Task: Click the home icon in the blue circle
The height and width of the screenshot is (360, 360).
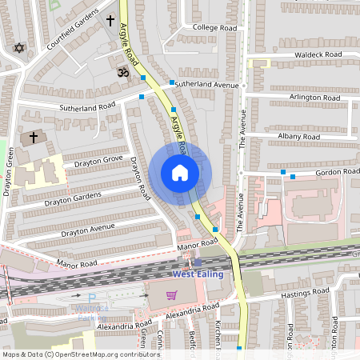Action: coord(180,172)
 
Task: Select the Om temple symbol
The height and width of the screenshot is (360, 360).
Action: coord(123,72)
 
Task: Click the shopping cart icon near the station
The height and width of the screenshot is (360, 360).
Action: coord(171,294)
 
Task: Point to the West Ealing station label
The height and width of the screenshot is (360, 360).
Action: coord(198,274)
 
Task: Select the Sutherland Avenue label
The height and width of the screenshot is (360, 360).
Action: coord(207,83)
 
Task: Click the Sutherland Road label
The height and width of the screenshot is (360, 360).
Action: coord(88,106)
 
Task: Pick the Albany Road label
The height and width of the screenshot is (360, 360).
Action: coord(299,137)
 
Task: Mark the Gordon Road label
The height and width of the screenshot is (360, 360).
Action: coord(336,172)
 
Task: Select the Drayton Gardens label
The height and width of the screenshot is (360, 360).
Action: coord(73,198)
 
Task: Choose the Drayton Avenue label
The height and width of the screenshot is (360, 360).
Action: coord(80,231)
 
